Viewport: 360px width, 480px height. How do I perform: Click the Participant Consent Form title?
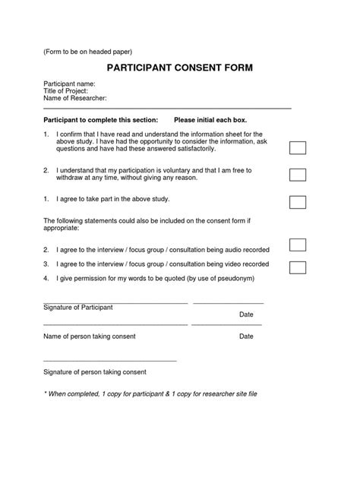click(x=179, y=68)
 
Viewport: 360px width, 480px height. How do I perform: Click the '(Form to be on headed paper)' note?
click(x=87, y=52)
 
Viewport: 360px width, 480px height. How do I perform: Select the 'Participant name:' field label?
click(x=69, y=84)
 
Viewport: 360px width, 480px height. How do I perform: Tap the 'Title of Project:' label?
click(x=65, y=91)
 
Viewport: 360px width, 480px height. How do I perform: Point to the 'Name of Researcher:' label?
click(x=74, y=99)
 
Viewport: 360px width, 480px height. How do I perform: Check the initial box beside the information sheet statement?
click(x=298, y=147)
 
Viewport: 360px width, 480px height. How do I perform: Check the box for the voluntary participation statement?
click(x=298, y=175)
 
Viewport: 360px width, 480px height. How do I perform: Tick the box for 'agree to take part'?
click(x=298, y=202)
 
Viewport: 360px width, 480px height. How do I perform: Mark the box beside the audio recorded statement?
click(x=298, y=245)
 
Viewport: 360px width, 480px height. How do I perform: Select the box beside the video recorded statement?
click(x=298, y=267)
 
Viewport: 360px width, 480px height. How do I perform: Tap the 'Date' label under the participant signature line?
click(x=246, y=314)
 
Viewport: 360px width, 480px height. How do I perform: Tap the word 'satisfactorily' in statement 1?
click(x=182, y=150)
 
